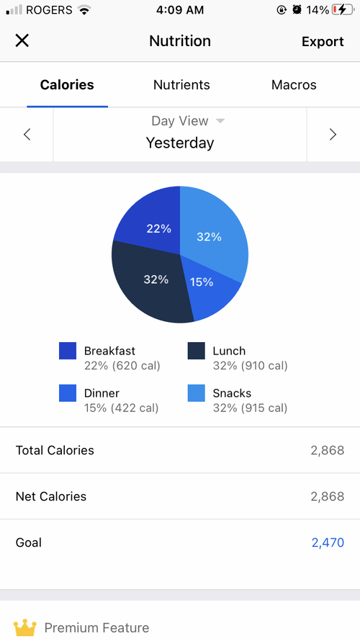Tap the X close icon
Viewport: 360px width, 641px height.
(22, 40)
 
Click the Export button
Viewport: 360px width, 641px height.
(323, 41)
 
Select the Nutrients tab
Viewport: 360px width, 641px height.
(181, 84)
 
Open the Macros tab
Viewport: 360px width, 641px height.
(294, 84)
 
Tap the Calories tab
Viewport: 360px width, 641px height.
(67, 84)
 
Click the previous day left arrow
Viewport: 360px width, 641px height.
(27, 134)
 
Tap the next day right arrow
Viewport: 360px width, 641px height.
(333, 134)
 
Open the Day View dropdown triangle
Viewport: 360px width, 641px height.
(220, 121)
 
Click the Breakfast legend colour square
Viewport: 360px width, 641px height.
(68, 351)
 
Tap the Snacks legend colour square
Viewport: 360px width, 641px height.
(196, 393)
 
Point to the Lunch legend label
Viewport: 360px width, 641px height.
(229, 351)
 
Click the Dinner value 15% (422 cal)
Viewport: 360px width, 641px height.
(122, 408)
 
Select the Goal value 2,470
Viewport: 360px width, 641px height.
(328, 542)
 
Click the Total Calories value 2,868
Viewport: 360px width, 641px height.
(328, 450)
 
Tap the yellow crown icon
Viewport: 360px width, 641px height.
(25, 627)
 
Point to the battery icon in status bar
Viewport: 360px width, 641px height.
(343, 10)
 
